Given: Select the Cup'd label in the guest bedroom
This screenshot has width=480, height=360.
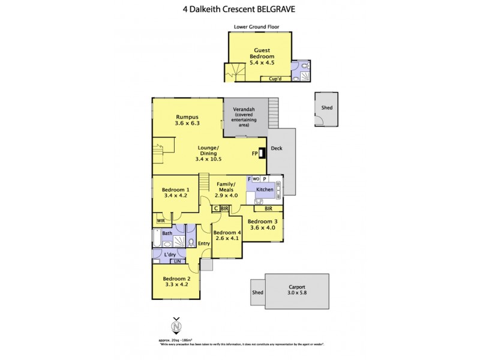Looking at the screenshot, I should [x=275, y=78].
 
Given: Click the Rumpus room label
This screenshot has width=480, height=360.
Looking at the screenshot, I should [x=187, y=117].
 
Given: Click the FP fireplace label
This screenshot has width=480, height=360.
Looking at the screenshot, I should [x=254, y=154].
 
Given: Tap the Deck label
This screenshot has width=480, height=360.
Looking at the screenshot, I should [x=277, y=148].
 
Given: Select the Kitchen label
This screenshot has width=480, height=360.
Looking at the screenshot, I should [x=265, y=190].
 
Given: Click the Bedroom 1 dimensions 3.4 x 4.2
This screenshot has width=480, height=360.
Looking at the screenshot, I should [x=175, y=196].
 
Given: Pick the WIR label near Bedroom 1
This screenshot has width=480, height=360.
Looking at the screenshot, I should [x=160, y=221].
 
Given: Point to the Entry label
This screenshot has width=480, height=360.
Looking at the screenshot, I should [x=204, y=244].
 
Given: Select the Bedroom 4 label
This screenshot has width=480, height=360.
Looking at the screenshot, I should [x=227, y=232].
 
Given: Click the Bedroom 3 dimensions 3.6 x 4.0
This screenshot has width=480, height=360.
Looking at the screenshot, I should [x=262, y=227].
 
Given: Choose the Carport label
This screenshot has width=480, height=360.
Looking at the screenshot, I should [x=297, y=289].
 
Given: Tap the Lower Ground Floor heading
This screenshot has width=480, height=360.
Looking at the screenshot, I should [x=257, y=27].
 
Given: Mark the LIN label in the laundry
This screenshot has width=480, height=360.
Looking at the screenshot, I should [x=177, y=261].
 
